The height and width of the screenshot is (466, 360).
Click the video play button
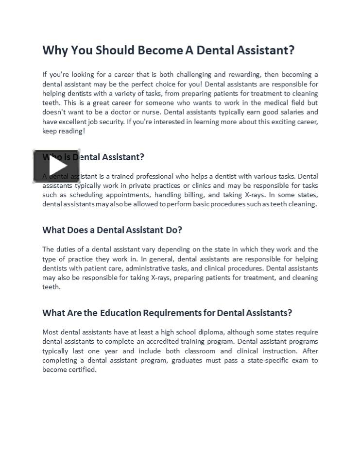pos(56,166)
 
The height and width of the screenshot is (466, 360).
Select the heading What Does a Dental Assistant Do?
pos(112,230)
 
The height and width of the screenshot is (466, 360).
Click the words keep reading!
pos(64,131)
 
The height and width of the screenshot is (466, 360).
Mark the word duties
pos(67,250)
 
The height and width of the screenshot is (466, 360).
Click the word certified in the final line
pos(83,370)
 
